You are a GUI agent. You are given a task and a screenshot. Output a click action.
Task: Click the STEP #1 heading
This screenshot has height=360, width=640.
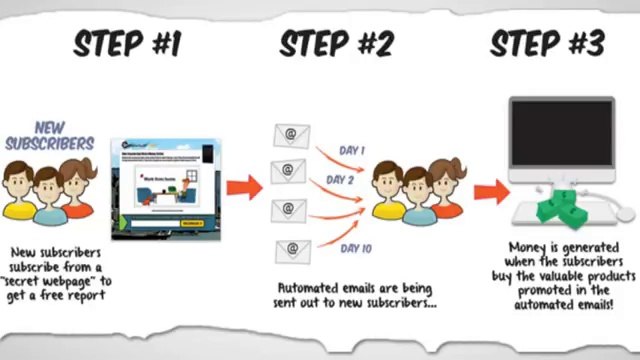(x=126, y=43)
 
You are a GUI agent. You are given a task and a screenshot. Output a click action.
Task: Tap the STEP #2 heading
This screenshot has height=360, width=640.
(x=335, y=43)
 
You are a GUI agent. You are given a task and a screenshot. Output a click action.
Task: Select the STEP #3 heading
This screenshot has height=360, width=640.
(x=546, y=43)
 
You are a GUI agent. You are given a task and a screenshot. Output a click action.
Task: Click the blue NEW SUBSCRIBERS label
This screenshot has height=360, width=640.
(x=49, y=136)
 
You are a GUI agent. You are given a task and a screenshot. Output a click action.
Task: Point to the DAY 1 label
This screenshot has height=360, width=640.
(x=353, y=150)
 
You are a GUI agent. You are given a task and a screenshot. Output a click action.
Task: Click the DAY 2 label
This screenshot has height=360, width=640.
(x=340, y=180)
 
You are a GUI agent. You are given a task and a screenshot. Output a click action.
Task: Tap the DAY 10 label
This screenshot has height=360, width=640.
(x=356, y=247)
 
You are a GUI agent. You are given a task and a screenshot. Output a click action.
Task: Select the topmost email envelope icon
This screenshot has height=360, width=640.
(x=291, y=135)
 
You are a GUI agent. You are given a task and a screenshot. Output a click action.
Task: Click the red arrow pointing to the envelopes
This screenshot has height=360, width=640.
(x=243, y=187)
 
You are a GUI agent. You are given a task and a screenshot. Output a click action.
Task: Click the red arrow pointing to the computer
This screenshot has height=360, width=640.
(x=490, y=191)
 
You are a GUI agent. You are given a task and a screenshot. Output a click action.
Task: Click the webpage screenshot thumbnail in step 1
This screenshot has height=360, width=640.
(x=163, y=186)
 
